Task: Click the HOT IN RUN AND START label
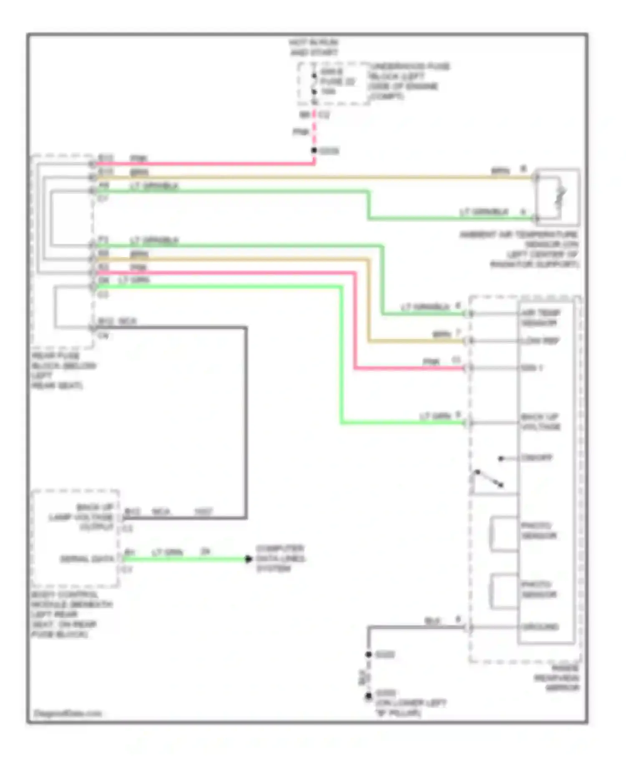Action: (313, 47)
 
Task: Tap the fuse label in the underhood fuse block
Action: (337, 81)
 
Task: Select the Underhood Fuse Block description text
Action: (409, 81)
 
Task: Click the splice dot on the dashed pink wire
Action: (314, 150)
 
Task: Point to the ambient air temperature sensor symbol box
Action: (558, 197)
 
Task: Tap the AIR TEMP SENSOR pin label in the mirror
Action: (540, 318)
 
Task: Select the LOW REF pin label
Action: (540, 341)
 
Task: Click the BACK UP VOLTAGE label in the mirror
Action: (540, 421)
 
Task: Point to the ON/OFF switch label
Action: (536, 458)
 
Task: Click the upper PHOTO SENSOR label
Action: (538, 530)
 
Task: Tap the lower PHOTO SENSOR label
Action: (538, 589)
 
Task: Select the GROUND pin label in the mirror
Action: (540, 627)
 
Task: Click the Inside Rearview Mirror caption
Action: (558, 678)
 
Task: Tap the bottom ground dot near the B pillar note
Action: (369, 696)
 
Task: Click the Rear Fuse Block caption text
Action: (63, 371)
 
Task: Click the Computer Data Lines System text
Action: (280, 558)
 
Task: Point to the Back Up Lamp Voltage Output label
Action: (81, 517)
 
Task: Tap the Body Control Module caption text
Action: (71, 614)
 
